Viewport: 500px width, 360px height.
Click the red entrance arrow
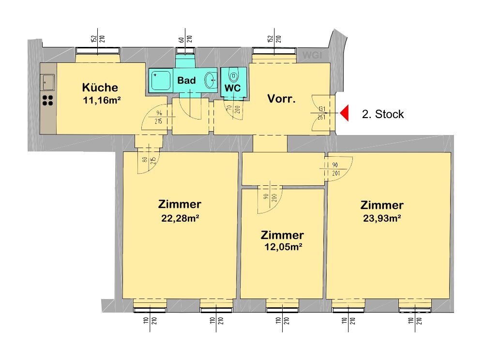tap(344, 114)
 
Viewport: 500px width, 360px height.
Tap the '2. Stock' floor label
tap(382, 115)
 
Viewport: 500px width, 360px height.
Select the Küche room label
tap(100, 88)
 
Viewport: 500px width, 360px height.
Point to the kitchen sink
tap(48, 82)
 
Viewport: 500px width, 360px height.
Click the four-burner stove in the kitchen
tap(48, 100)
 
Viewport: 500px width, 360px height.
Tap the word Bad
tap(186, 80)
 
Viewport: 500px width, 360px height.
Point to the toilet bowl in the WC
tap(234, 76)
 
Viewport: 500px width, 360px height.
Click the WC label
tap(232, 89)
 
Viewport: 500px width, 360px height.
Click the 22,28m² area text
tap(180, 218)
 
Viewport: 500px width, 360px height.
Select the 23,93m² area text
tap(382, 218)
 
